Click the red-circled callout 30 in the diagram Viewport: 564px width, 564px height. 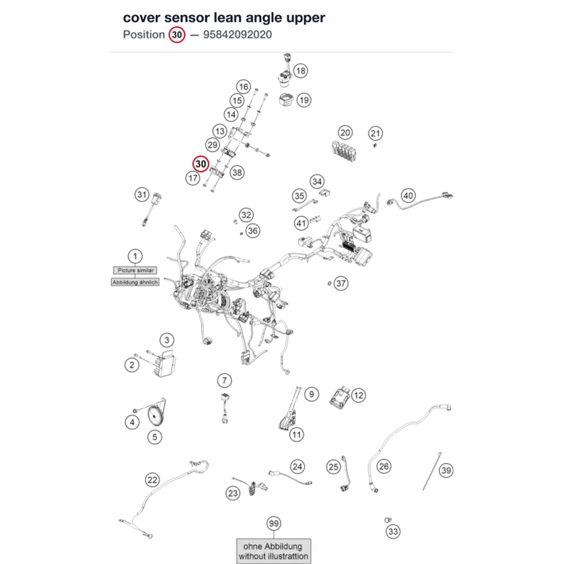point(201,164)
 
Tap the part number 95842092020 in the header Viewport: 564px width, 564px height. point(237,34)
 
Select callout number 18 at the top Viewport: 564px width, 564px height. point(301,71)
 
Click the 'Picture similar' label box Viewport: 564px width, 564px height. point(135,270)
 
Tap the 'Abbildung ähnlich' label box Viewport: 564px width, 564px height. point(135,283)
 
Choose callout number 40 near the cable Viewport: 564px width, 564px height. point(408,196)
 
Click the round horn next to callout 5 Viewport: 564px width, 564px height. point(156,416)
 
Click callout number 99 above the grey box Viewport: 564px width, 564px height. point(274,523)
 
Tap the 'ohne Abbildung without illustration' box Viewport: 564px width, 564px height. point(274,551)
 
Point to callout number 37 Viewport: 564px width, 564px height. point(341,284)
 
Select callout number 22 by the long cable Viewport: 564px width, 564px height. point(152,480)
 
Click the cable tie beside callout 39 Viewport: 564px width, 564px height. point(431,471)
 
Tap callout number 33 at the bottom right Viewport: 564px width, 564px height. point(393,532)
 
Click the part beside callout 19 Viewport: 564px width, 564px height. point(287,99)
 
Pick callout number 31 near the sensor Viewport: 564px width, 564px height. point(142,195)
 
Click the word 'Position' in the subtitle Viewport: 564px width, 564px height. point(144,34)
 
